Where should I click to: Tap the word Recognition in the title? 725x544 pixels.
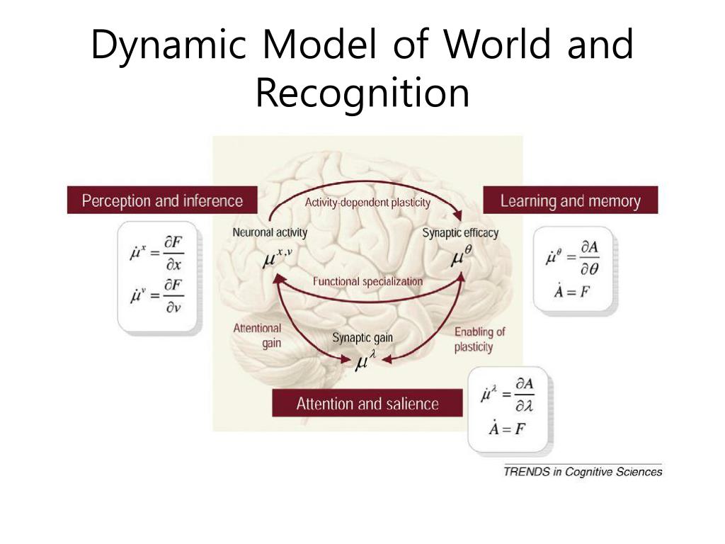pyautogui.click(x=362, y=93)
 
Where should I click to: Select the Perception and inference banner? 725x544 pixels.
pyautogui.click(x=162, y=200)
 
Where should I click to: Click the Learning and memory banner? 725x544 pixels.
pyautogui.click(x=570, y=200)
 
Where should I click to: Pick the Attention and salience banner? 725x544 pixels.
pyautogui.click(x=367, y=404)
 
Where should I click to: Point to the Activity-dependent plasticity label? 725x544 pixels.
pyautogui.click(x=367, y=203)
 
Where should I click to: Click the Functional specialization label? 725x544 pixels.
pyautogui.click(x=367, y=281)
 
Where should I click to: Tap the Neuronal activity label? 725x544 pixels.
pyautogui.click(x=270, y=232)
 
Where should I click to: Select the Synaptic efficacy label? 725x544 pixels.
pyautogui.click(x=460, y=232)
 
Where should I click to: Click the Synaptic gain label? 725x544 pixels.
pyautogui.click(x=362, y=338)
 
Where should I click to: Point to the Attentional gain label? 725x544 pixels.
pyautogui.click(x=257, y=335)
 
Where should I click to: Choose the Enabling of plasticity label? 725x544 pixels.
pyautogui.click(x=479, y=339)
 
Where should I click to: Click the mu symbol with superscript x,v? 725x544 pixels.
pyautogui.click(x=276, y=258)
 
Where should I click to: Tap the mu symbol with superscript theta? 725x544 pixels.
pyautogui.click(x=461, y=258)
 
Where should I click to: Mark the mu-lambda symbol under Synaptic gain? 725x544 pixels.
pyautogui.click(x=364, y=363)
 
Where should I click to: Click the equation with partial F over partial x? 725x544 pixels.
pyautogui.click(x=157, y=251)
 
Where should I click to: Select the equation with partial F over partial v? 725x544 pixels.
pyautogui.click(x=157, y=294)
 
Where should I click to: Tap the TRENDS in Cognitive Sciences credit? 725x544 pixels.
pyautogui.click(x=582, y=471)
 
